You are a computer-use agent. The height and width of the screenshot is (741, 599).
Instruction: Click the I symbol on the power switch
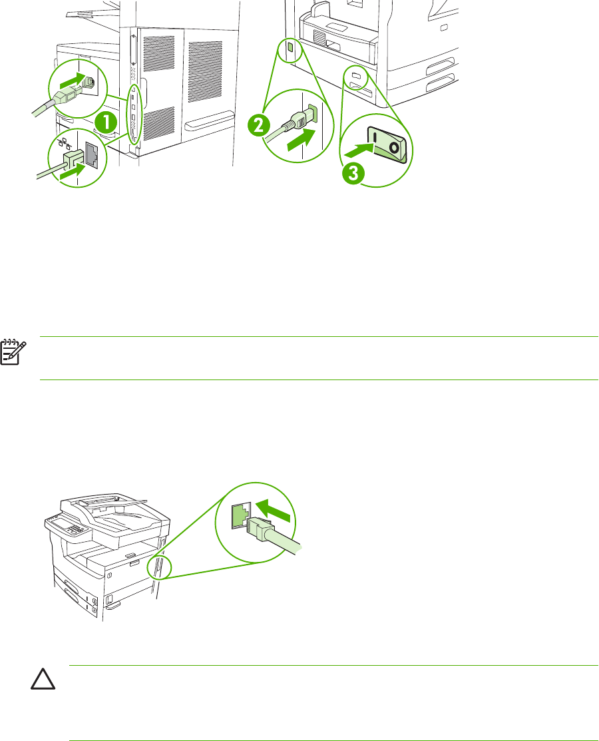pos(375,140)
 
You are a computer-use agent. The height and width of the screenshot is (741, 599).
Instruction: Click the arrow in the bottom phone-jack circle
pos(274,513)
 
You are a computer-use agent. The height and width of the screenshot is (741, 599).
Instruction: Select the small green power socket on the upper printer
pos(290,49)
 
